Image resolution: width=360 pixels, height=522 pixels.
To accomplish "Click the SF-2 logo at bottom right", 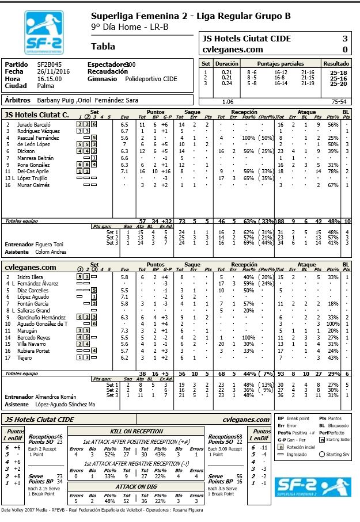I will point(310,490).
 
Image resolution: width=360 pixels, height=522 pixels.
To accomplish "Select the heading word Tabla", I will point(103,47).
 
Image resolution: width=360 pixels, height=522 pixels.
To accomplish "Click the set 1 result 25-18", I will point(338,72).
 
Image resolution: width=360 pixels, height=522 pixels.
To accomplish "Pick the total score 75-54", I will point(338,101).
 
